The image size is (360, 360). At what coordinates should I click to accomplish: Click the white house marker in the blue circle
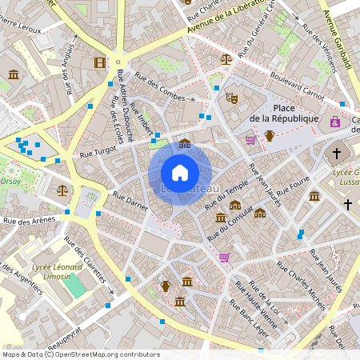[x=180, y=173]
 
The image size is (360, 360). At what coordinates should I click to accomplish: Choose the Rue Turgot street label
[x=98, y=151]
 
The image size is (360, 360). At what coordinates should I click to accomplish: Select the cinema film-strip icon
[x=99, y=62]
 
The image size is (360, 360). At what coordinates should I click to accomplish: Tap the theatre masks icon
[x=232, y=98]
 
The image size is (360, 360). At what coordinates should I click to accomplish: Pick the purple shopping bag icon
[x=334, y=122]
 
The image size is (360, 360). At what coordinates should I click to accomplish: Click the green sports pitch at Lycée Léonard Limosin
[x=74, y=286]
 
